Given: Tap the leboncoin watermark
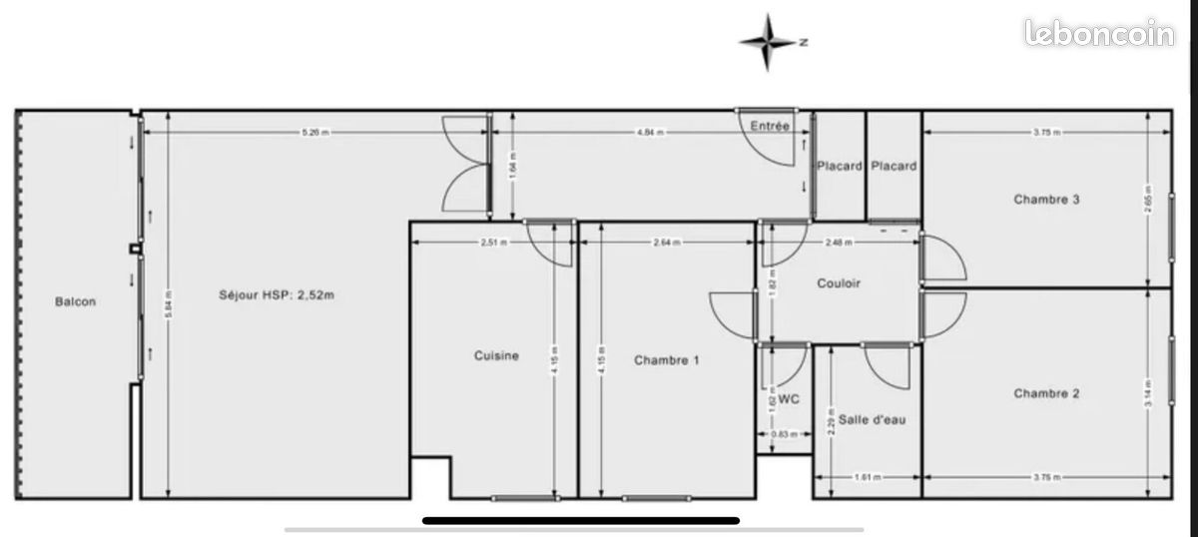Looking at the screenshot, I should point(1100,35).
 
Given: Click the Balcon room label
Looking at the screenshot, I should point(76,301).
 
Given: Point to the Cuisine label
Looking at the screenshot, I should point(496,355).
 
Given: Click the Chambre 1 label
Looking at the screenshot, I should point(666,360).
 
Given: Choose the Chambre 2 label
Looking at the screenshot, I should point(1046,393).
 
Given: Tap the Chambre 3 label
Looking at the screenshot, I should point(1046,199).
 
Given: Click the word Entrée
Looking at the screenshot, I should point(770,126).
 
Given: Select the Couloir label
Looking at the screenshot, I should point(839,282).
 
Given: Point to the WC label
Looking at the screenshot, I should point(789,400).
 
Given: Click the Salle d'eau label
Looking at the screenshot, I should point(872,420).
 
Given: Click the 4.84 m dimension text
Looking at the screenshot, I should point(651,132).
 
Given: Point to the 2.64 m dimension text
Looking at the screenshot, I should point(666,242).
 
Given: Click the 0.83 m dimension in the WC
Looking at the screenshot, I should point(784,433).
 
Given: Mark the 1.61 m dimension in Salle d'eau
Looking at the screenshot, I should point(868,477).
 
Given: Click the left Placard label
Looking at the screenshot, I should point(840,166).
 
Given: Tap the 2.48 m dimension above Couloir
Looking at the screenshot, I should point(840,242).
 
